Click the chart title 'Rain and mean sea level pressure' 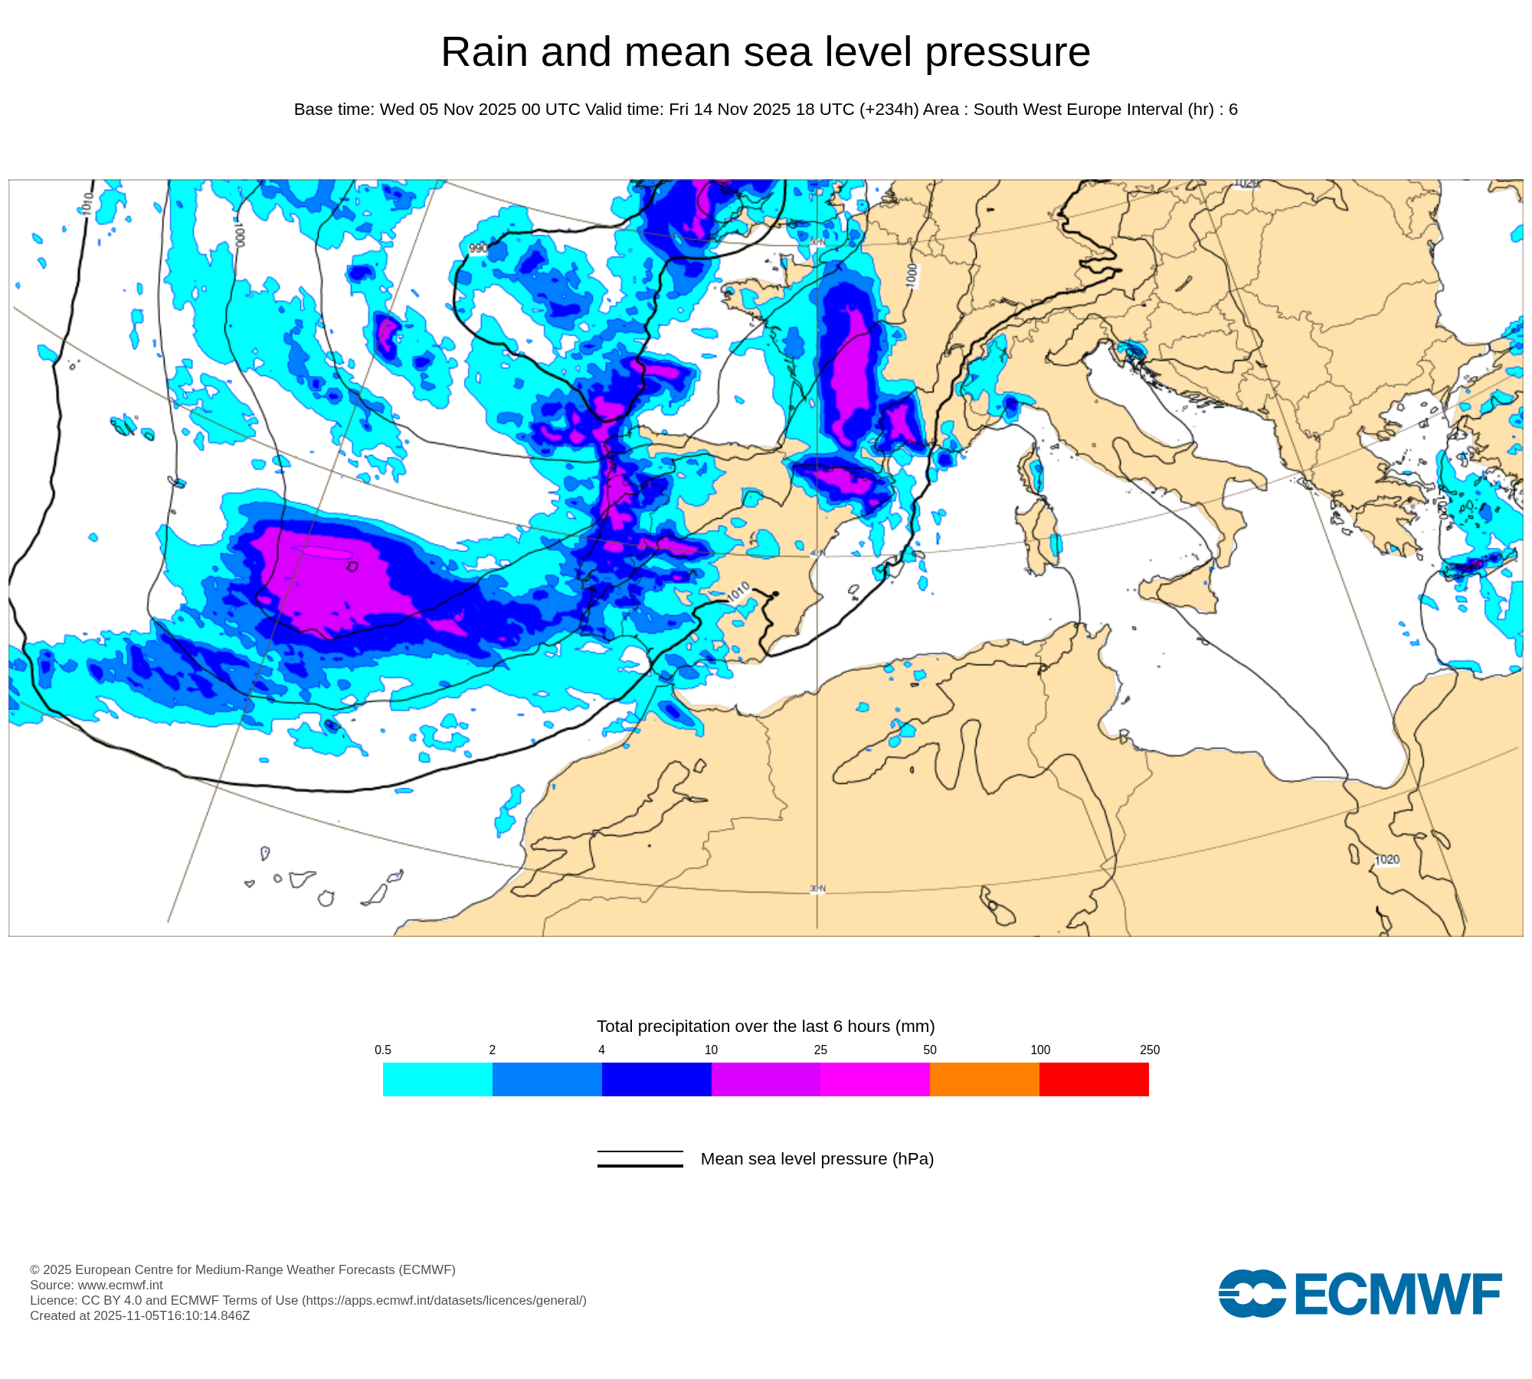point(765,52)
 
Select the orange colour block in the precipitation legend point(984,1079)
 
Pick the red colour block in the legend point(1094,1079)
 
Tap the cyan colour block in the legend point(437,1079)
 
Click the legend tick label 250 point(1149,1050)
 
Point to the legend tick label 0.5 point(383,1050)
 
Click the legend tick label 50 point(930,1050)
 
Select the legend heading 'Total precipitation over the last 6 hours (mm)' point(765,1026)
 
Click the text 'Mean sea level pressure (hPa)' point(817,1158)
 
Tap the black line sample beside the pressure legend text point(640,1158)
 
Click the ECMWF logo point(1360,1293)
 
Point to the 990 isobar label point(478,248)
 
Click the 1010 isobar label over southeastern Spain point(738,592)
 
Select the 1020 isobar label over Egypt point(1387,860)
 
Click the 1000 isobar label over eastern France point(911,276)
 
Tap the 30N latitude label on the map point(817,889)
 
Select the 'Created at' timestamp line point(139,1315)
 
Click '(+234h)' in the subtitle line point(889,110)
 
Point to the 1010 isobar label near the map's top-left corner point(87,203)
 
